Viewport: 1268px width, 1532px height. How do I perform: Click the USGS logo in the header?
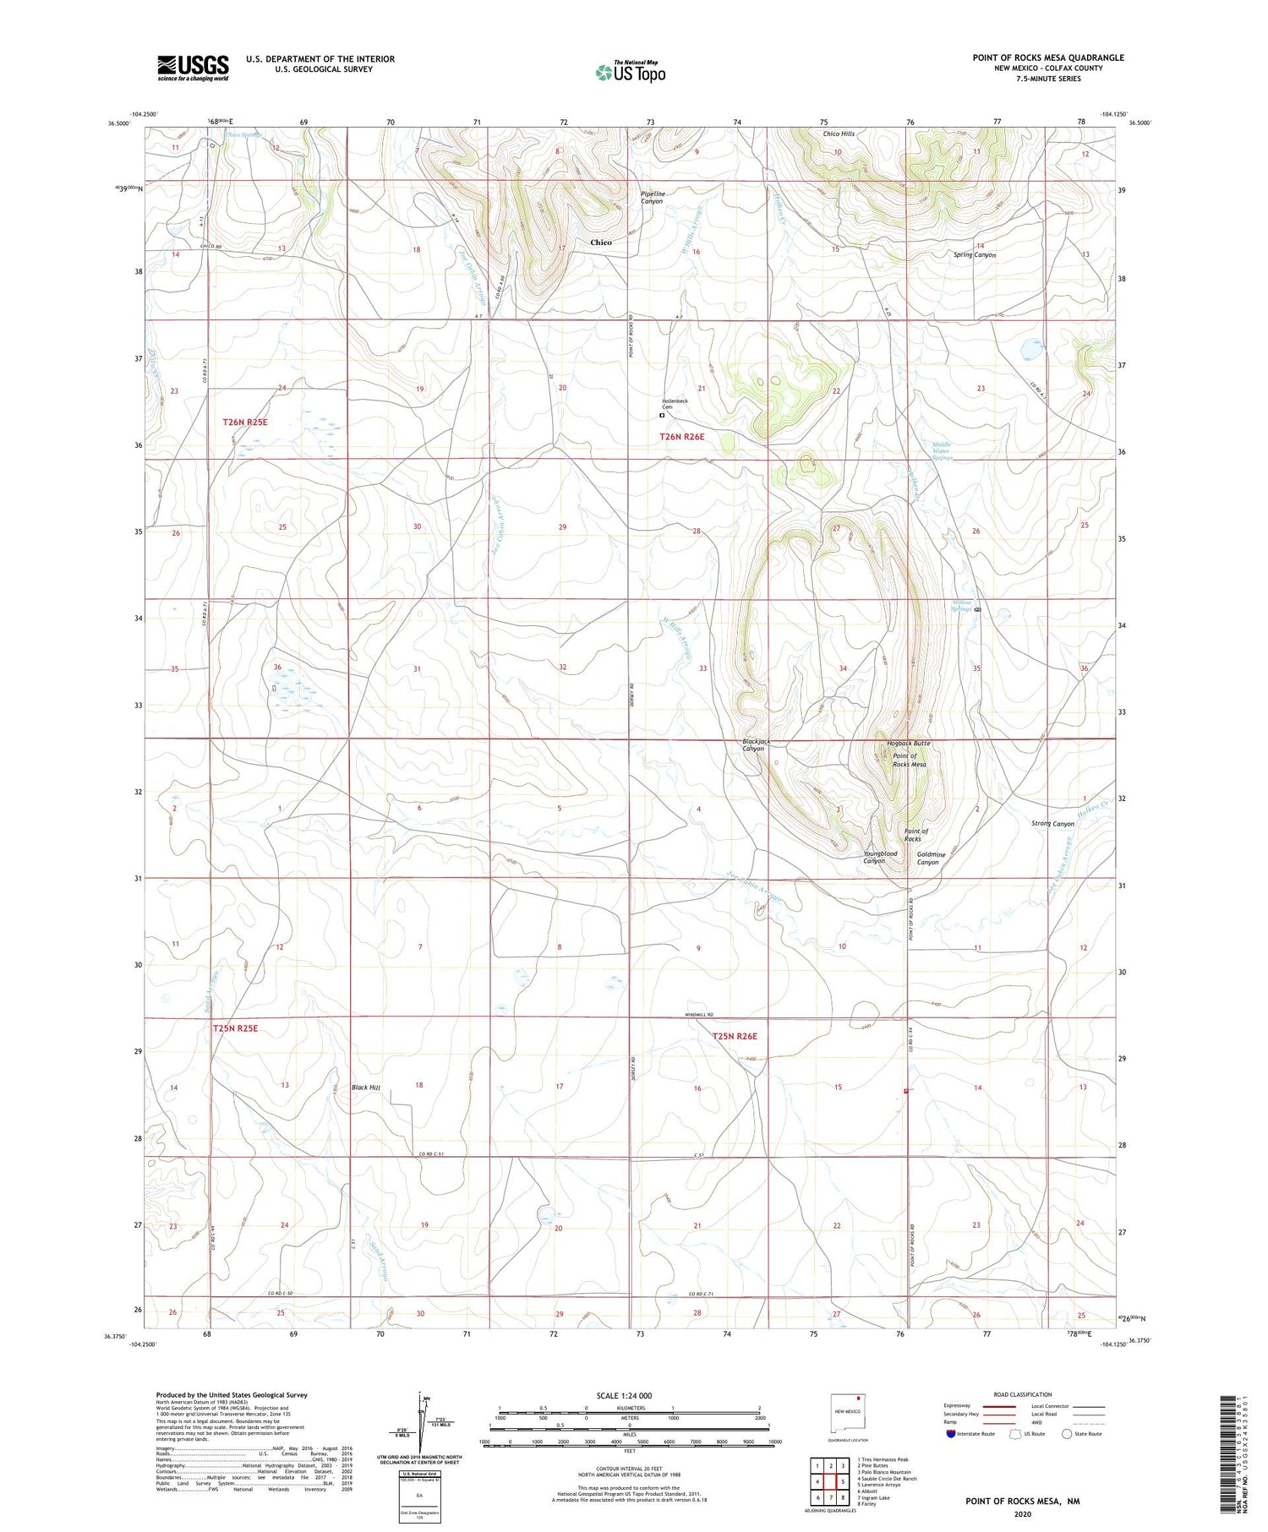click(x=193, y=68)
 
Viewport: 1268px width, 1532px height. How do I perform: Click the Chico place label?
click(x=601, y=243)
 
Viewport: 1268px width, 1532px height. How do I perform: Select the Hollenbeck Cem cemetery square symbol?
click(x=662, y=415)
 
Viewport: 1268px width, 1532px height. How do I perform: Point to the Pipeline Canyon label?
click(x=652, y=198)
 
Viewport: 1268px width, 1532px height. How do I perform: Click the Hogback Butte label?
click(x=909, y=744)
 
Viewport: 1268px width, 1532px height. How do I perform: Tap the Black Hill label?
click(x=366, y=1088)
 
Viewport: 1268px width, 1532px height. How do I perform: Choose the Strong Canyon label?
click(x=1052, y=824)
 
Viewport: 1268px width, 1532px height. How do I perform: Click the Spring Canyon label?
click(x=975, y=254)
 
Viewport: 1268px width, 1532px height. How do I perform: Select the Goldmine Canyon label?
click(x=928, y=859)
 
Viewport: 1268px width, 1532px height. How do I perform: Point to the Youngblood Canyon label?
click(x=880, y=858)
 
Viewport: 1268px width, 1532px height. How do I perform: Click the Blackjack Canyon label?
click(x=753, y=744)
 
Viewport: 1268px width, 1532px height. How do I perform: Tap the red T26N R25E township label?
click(x=245, y=422)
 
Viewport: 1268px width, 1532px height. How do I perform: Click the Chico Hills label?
click(x=839, y=134)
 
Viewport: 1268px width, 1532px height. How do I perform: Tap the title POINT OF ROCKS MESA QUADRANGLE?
click(x=1048, y=57)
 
